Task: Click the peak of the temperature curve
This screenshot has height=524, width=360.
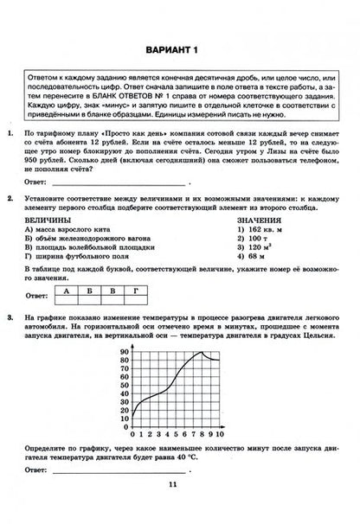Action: click(201, 352)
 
